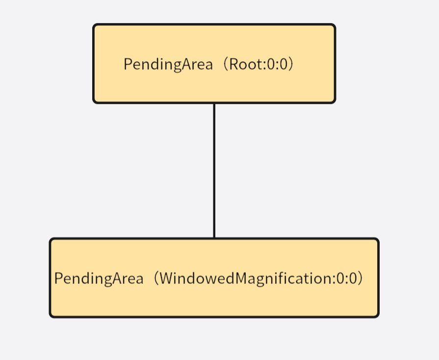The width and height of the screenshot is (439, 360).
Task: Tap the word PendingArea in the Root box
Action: point(168,65)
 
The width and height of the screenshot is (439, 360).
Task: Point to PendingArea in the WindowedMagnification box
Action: point(99,279)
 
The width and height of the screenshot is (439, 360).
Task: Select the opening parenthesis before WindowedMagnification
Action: point(155,279)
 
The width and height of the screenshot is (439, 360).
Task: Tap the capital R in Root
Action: point(234,65)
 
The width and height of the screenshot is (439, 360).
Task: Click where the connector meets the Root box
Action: point(214,103)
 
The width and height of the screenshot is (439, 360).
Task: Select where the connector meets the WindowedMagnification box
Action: point(214,239)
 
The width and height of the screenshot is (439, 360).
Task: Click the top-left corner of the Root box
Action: point(94,25)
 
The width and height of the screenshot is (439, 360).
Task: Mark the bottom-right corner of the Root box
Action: point(335,102)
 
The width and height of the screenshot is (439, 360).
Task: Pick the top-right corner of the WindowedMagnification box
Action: point(378,240)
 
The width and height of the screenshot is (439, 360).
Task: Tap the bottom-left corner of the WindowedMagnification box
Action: point(51,316)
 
